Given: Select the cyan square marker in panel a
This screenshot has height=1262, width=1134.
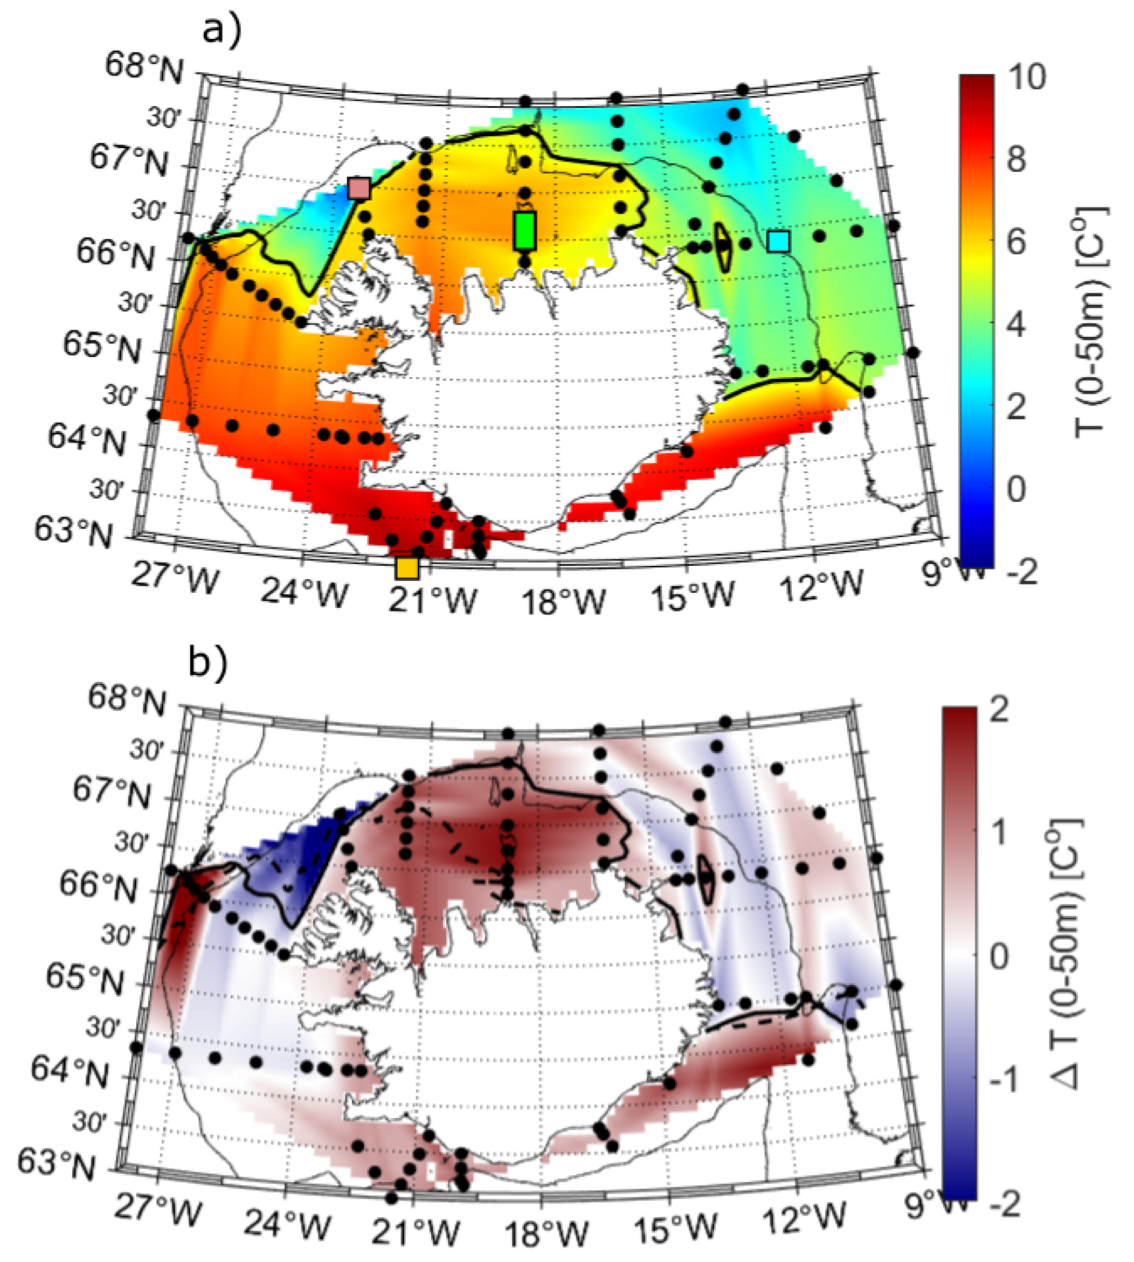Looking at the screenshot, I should click(778, 241).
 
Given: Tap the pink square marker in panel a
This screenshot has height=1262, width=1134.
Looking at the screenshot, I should click(359, 188).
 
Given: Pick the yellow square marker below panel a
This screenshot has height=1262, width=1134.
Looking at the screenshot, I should click(407, 567).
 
